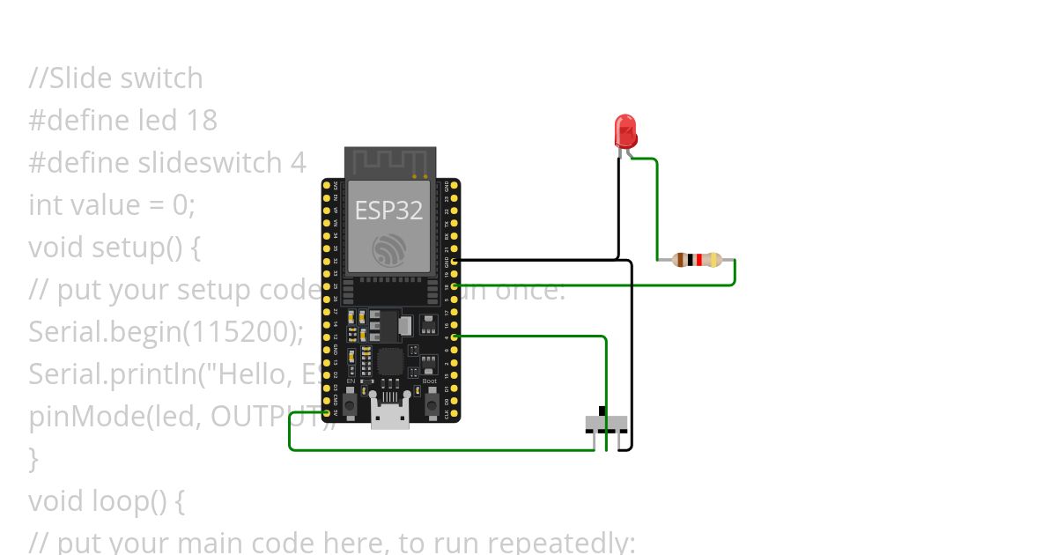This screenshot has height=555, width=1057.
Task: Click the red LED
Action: click(625, 131)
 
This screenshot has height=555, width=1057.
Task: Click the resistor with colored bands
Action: click(697, 260)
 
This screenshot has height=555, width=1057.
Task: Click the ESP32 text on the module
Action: click(388, 211)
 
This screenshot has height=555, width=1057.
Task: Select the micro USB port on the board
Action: click(390, 415)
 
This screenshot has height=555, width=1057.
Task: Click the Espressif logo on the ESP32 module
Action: click(388, 250)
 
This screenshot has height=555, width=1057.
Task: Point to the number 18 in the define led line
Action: click(202, 120)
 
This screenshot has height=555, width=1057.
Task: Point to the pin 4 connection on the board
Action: click(455, 337)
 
